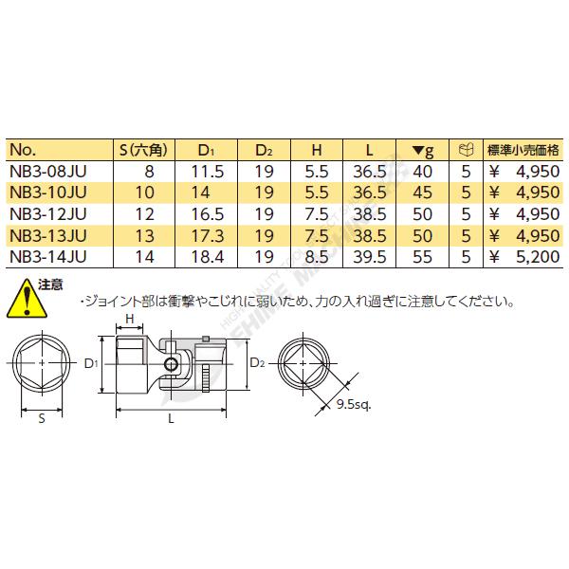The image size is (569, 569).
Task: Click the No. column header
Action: pos(22,150)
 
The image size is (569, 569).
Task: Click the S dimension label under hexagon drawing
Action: pos(41,415)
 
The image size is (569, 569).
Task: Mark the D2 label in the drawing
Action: pos(257,361)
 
